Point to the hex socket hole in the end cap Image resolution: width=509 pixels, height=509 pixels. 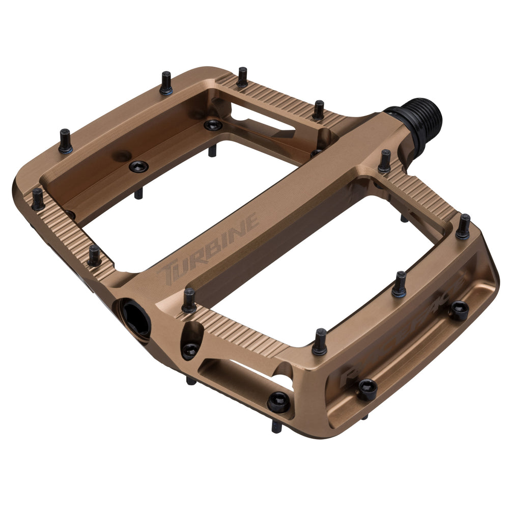pyautogui.click(x=135, y=315)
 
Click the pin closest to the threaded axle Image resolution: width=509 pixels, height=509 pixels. pyautogui.click(x=385, y=161)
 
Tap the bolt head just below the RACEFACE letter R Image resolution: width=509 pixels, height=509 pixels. pyautogui.click(x=366, y=389)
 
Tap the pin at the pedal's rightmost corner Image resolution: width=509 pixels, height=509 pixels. pyautogui.click(x=463, y=227)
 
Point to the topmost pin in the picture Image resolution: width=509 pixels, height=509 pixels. pyautogui.click(x=242, y=77)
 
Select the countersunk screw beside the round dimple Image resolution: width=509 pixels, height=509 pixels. pyautogui.click(x=138, y=166)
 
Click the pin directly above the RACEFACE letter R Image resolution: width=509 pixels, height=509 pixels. pyautogui.click(x=320, y=342)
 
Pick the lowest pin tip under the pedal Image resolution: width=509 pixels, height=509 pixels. pyautogui.click(x=276, y=426)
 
